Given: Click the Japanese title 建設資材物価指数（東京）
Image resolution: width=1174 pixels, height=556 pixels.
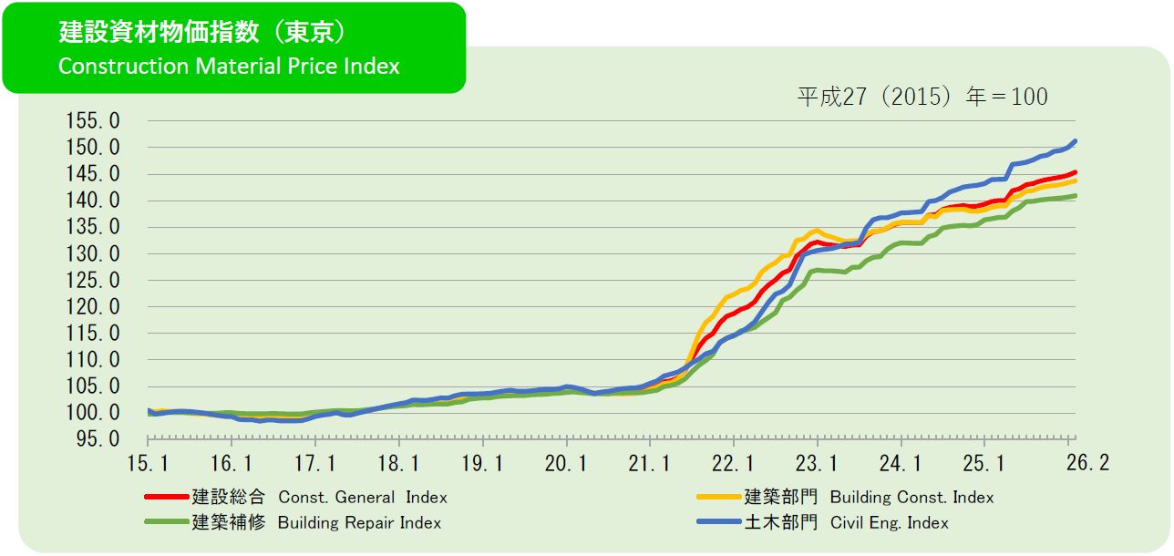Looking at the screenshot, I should pyautogui.click(x=202, y=33).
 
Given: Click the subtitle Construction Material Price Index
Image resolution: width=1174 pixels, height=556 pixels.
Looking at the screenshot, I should pyautogui.click(x=229, y=67).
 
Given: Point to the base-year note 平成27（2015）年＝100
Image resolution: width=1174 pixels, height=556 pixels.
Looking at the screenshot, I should pyautogui.click(x=922, y=97).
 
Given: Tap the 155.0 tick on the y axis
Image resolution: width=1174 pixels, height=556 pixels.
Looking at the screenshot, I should pyautogui.click(x=93, y=121).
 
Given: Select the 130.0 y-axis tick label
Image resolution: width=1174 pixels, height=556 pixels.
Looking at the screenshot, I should pyautogui.click(x=93, y=254).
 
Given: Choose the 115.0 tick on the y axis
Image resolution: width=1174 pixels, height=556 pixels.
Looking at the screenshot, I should pyautogui.click(x=93, y=334).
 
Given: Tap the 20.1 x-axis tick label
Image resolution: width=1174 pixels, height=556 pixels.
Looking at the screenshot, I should pyautogui.click(x=566, y=463).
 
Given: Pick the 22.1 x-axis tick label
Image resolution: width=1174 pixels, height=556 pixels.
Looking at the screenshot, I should pyautogui.click(x=734, y=463).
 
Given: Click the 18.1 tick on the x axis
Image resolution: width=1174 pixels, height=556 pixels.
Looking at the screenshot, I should pyautogui.click(x=398, y=463).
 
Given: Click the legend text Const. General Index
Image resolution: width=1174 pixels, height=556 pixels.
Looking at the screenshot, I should pyautogui.click(x=363, y=498).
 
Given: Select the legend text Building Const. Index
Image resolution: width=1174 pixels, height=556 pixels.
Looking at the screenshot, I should pyautogui.click(x=911, y=498).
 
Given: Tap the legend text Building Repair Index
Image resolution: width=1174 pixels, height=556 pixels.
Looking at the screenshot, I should pyautogui.click(x=359, y=523).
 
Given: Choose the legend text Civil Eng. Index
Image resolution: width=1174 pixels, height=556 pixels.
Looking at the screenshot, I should pyautogui.click(x=889, y=523).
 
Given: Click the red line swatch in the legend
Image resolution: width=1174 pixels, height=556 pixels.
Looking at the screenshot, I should pyautogui.click(x=166, y=498).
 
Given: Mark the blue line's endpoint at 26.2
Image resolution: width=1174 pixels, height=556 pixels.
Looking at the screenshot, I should pyautogui.click(x=1076, y=141).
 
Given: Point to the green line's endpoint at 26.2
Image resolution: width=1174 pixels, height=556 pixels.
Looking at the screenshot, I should pyautogui.click(x=1076, y=196).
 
